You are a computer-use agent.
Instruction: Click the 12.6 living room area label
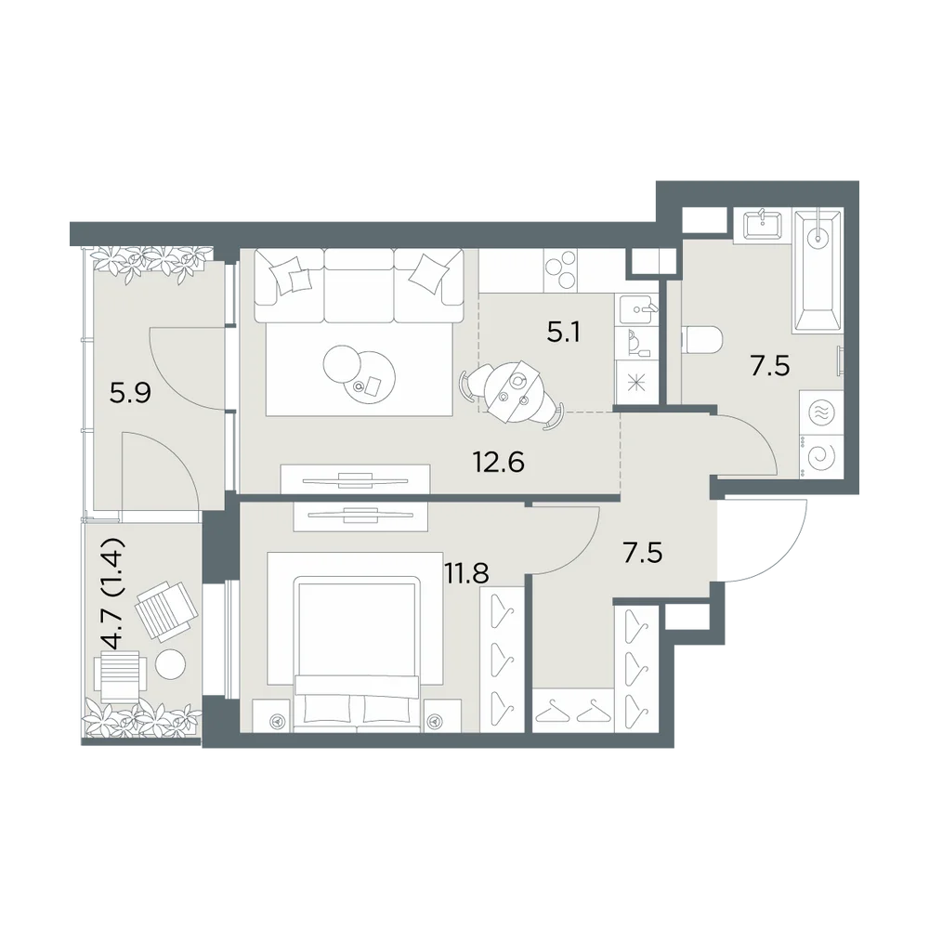click(499, 462)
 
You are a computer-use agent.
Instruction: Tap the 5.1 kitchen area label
click(564, 333)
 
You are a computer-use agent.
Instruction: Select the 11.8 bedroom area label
click(467, 574)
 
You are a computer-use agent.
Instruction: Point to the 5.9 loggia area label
click(131, 392)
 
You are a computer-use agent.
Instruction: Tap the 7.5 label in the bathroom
click(770, 367)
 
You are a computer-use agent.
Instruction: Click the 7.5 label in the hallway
click(642, 553)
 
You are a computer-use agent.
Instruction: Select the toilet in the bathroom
click(702, 341)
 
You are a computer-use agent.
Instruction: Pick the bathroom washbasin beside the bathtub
click(762, 225)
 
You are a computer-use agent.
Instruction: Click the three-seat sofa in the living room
click(359, 285)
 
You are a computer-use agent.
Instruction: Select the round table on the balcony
click(171, 665)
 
